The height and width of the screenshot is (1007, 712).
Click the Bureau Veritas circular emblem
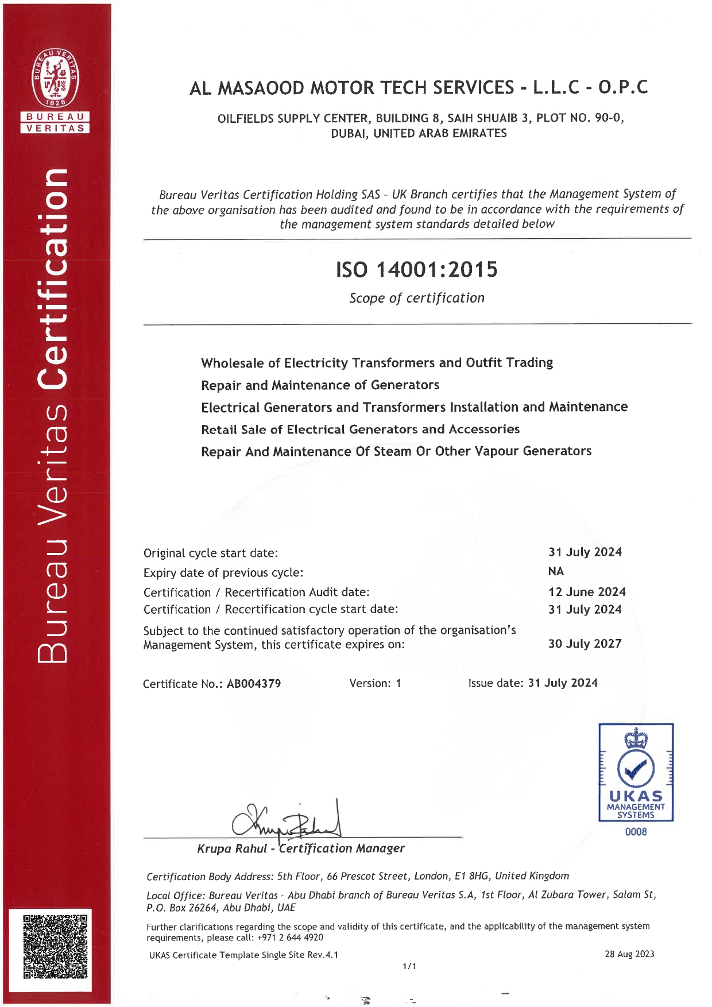click(55, 78)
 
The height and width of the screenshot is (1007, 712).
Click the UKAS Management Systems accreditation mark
click(636, 772)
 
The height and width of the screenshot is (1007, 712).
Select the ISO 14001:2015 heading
click(417, 269)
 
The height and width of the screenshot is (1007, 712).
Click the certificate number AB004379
click(254, 684)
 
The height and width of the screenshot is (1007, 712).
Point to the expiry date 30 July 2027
click(585, 644)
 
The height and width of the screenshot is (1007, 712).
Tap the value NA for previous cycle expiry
click(556, 571)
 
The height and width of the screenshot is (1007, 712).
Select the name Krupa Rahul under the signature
click(232, 849)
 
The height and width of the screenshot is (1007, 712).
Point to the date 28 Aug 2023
click(629, 954)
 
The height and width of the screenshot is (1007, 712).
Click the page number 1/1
click(409, 966)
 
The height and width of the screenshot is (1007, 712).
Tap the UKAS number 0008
click(636, 832)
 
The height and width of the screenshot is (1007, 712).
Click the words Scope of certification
click(417, 298)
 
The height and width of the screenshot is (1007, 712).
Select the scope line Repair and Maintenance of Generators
click(320, 385)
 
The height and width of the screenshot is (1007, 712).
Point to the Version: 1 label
click(375, 683)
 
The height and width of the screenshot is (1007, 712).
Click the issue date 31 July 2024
click(563, 683)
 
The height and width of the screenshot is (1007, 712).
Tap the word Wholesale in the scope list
click(232, 363)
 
